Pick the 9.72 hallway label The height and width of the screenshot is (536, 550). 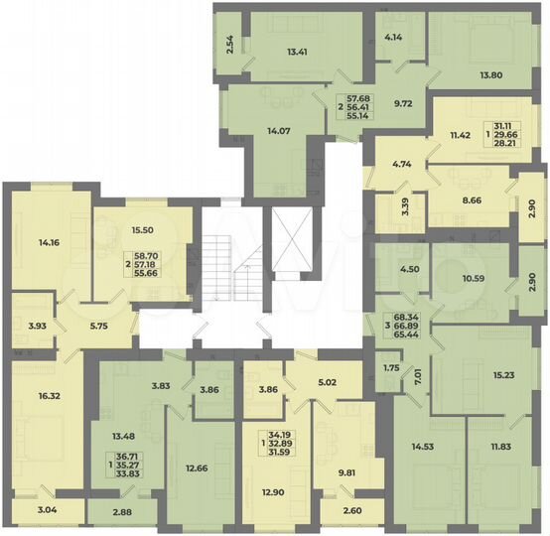coord(402,103)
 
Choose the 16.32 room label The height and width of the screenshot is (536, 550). coord(48,394)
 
